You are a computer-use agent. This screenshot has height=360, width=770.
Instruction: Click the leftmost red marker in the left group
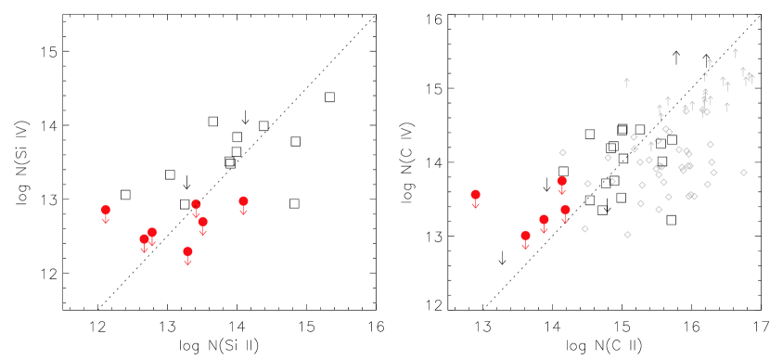[x=106, y=210]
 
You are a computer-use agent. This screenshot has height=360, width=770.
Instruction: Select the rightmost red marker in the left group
[x=243, y=201]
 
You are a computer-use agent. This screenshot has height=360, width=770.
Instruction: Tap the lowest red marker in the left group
[x=187, y=251]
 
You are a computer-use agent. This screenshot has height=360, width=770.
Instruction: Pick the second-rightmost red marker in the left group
[x=202, y=222]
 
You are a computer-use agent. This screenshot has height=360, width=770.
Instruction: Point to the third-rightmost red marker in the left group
[x=196, y=204]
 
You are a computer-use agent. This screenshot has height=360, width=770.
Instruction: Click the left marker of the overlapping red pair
[x=144, y=239]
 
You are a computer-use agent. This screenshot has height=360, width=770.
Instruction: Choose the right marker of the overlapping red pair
[x=152, y=233]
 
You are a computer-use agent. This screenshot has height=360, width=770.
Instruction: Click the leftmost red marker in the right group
[x=475, y=195]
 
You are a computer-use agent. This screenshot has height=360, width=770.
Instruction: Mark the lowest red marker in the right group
[x=525, y=236]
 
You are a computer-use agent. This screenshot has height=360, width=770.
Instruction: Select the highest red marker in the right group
[x=561, y=181]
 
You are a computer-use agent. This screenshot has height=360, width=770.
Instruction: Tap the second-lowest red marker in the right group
[x=544, y=220]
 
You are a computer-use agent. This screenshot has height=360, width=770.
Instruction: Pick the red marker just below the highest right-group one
[x=565, y=210]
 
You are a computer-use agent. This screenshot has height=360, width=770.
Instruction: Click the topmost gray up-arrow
[x=736, y=53]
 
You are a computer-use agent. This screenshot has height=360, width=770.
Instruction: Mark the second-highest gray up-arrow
[x=710, y=63]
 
